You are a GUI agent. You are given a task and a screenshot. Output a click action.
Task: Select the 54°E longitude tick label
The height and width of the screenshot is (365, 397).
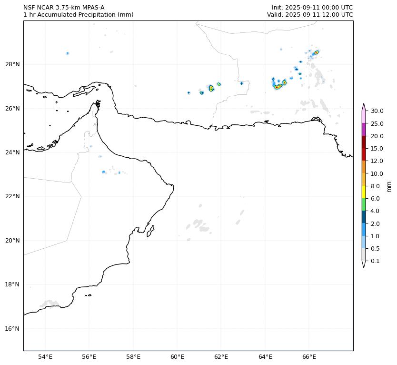click(45, 357)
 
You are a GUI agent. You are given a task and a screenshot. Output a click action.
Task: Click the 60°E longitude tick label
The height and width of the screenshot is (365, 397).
click(177, 357)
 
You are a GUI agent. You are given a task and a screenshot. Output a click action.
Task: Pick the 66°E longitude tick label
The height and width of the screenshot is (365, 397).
click(309, 357)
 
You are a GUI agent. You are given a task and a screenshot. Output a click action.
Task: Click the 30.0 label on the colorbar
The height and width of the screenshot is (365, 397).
click(377, 111)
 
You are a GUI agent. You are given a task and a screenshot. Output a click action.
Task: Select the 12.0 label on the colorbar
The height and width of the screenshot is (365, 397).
click(377, 161)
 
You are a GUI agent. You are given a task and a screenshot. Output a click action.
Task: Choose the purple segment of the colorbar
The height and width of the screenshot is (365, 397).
click(364, 130)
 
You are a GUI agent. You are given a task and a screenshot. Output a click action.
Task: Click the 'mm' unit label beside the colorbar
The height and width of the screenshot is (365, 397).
click(389, 186)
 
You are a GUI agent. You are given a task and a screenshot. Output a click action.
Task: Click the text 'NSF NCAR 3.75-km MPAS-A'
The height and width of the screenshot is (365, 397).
click(64, 8)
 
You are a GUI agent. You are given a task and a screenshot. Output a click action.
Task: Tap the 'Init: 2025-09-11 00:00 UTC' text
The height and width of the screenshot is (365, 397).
click(312, 8)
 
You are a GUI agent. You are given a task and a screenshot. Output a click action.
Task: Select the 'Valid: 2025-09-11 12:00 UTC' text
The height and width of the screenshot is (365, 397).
click(310, 15)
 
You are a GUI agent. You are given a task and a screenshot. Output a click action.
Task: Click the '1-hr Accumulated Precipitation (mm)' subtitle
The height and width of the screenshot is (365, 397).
click(78, 15)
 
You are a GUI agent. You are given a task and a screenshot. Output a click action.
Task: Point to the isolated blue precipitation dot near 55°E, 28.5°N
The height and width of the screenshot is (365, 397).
click(68, 53)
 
